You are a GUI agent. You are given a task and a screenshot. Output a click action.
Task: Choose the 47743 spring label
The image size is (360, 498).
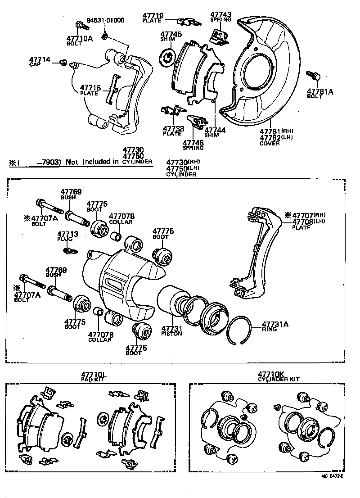click(x=220, y=17)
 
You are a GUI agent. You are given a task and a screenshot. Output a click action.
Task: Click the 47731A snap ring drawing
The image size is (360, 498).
click(x=240, y=330)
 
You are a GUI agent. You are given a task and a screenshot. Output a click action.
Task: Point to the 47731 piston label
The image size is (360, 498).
click(x=171, y=331)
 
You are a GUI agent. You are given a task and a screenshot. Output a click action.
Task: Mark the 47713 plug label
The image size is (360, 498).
click(x=67, y=236)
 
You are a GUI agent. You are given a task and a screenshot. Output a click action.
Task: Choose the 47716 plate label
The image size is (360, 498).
click(x=90, y=90)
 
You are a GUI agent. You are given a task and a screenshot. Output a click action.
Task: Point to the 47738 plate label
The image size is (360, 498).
click(x=174, y=131)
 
